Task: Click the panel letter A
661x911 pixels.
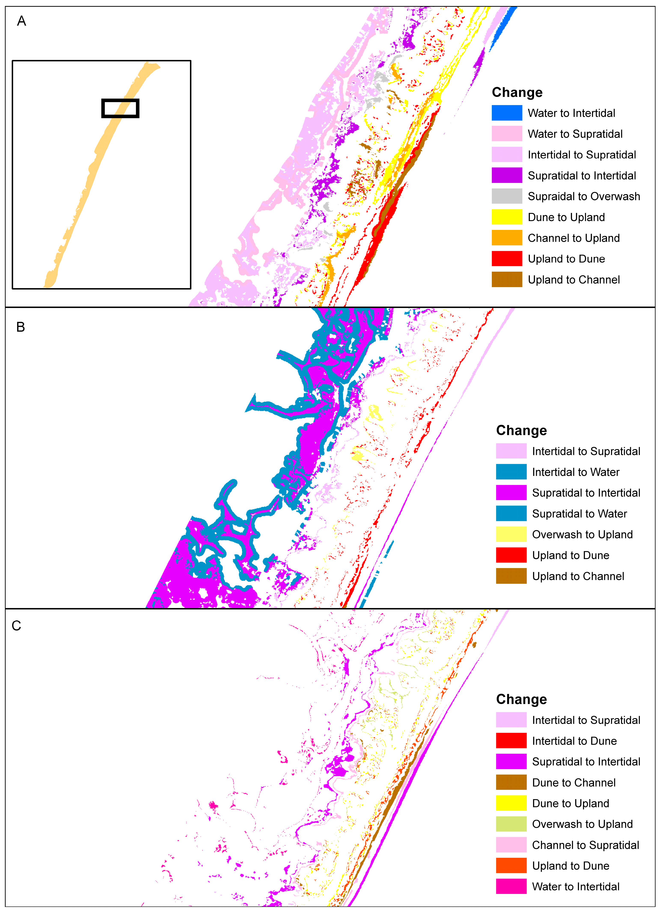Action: click(22, 21)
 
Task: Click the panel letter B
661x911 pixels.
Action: click(21, 327)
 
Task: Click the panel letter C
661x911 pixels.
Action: click(16, 625)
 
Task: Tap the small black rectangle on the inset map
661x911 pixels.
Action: click(120, 109)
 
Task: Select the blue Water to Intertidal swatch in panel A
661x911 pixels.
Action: click(507, 113)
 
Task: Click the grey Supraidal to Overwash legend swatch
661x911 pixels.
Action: click(507, 196)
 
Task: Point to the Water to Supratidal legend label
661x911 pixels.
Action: click(575, 134)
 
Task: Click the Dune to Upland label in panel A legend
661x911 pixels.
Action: click(566, 217)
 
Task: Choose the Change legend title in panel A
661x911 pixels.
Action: click(517, 92)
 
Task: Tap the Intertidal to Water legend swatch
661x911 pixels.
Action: click(511, 472)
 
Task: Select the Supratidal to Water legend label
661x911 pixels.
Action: click(579, 514)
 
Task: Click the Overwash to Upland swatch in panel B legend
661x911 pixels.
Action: click(511, 534)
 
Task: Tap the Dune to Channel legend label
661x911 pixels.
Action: click(574, 783)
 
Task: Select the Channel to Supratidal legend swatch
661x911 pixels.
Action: click(511, 845)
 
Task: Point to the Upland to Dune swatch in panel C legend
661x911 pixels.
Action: click(511, 866)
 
